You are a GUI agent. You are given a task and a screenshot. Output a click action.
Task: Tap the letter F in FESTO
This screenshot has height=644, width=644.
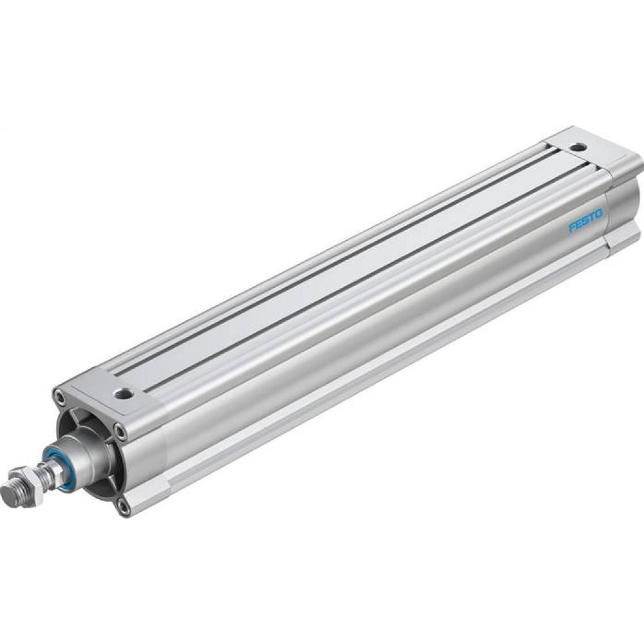572,229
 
